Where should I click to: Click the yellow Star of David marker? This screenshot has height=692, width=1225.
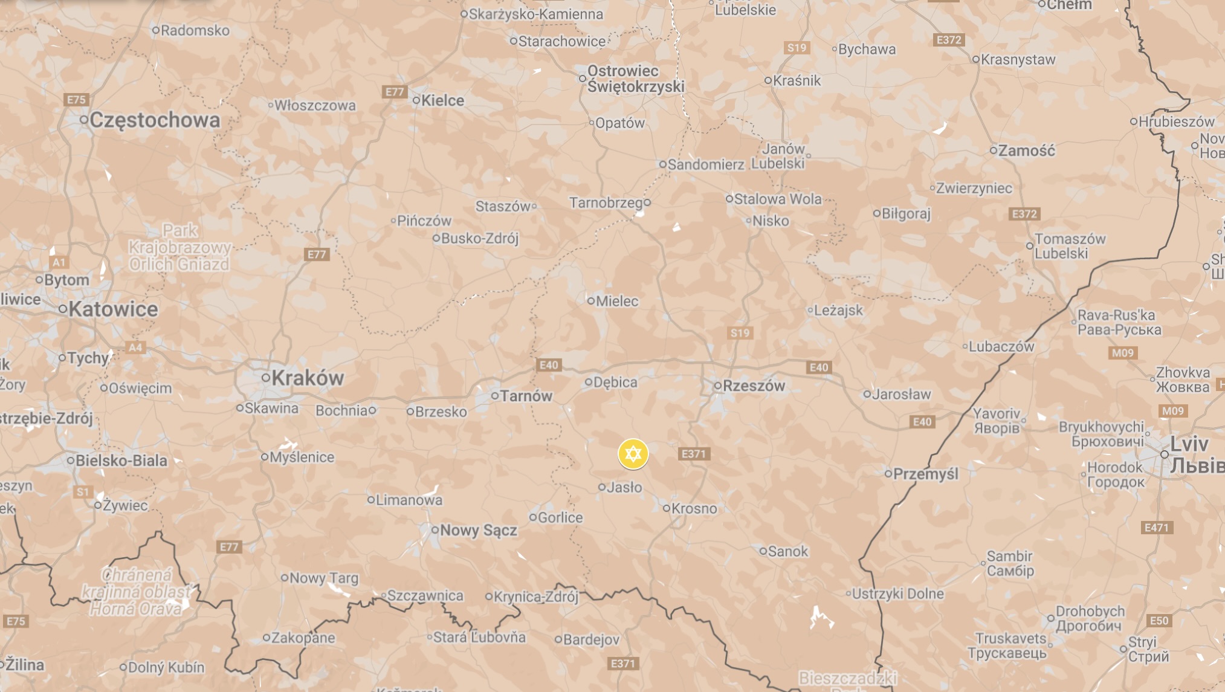pyautogui.click(x=633, y=454)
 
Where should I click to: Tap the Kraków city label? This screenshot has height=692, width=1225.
pyautogui.click(x=307, y=378)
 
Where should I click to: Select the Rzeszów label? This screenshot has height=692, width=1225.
pyautogui.click(x=754, y=386)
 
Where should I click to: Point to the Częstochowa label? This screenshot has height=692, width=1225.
pyautogui.click(x=155, y=120)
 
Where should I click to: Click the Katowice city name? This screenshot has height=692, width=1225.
pyautogui.click(x=113, y=309)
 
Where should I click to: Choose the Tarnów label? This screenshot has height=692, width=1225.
pyautogui.click(x=526, y=396)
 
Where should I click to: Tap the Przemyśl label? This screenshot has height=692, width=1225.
pyautogui.click(x=925, y=474)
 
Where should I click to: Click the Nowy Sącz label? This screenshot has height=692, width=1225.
pyautogui.click(x=478, y=531)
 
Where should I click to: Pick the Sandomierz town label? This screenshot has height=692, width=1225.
pyautogui.click(x=705, y=164)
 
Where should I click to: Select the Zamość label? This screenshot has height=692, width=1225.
pyautogui.click(x=1026, y=150)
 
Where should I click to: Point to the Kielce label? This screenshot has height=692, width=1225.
pyautogui.click(x=442, y=100)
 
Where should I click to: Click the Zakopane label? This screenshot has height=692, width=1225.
pyautogui.click(x=303, y=638)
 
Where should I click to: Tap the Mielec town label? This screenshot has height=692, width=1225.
pyautogui.click(x=616, y=301)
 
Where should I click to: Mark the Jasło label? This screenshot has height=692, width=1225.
pyautogui.click(x=624, y=487)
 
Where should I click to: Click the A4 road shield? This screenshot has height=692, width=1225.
pyautogui.click(x=135, y=348)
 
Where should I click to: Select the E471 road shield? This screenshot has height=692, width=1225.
pyautogui.click(x=1157, y=528)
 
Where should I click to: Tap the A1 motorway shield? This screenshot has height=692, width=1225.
pyautogui.click(x=59, y=262)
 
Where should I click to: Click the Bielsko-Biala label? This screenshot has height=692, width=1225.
pyautogui.click(x=121, y=461)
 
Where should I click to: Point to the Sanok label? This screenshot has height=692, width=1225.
pyautogui.click(x=787, y=551)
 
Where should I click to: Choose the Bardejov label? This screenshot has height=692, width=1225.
pyautogui.click(x=591, y=639)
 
